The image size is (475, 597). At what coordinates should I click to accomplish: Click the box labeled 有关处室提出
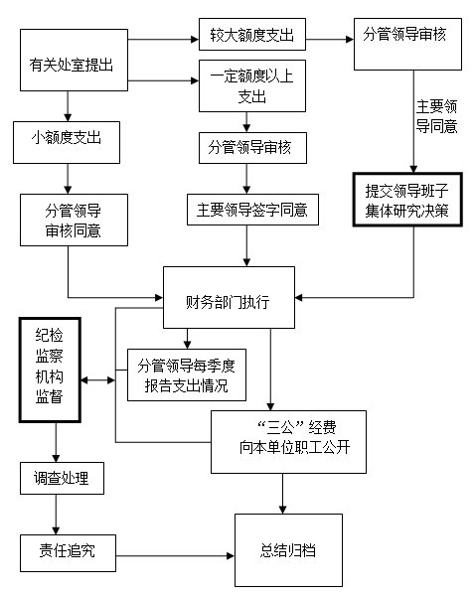click(x=74, y=61)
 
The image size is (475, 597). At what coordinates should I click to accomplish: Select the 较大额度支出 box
click(x=252, y=34)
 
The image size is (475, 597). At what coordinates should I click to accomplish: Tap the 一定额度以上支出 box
click(x=252, y=85)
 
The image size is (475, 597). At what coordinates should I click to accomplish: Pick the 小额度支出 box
click(x=67, y=142)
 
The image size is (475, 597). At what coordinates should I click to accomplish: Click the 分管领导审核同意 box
click(x=74, y=220)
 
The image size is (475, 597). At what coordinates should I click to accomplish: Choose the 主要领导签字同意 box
click(x=252, y=210)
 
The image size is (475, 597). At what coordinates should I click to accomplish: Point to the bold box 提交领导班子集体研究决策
click(x=407, y=200)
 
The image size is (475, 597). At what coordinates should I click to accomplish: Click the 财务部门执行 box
click(x=229, y=297)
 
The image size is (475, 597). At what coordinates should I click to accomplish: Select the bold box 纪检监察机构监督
click(x=50, y=370)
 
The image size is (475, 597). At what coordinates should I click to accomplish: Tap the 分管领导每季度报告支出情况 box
click(x=187, y=374)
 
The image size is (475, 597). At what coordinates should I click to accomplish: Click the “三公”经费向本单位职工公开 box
click(x=289, y=442)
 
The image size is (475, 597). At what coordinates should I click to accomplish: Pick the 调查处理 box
click(x=62, y=478)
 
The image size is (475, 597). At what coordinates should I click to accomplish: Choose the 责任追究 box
click(x=68, y=553)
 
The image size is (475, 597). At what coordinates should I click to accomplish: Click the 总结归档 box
click(x=288, y=550)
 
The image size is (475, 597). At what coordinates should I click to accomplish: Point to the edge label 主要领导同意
click(x=436, y=116)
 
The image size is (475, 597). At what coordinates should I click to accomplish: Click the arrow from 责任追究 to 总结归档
click(x=175, y=556)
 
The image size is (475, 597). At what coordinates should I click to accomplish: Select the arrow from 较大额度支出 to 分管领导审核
click(x=330, y=39)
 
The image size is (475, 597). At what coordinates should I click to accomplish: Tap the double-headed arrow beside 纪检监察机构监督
click(x=98, y=380)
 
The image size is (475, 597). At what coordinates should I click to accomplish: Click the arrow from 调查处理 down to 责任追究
click(x=56, y=515)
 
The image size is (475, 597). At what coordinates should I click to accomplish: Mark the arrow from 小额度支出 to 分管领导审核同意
click(x=68, y=179)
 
